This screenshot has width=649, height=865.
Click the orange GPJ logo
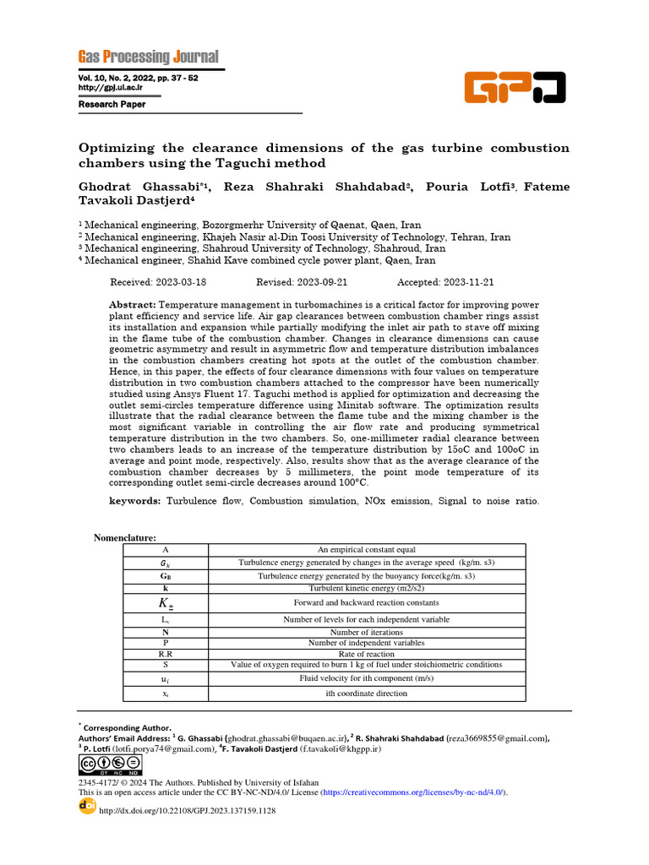click(515, 87)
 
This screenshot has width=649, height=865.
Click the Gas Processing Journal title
click(148, 57)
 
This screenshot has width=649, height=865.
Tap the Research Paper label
click(112, 105)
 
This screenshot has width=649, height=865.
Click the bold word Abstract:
click(133, 304)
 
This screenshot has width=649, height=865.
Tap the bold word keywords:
click(135, 502)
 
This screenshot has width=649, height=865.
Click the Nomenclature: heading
click(124, 538)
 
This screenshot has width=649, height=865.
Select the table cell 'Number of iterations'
click(366, 632)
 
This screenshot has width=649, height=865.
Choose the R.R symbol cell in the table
click(166, 654)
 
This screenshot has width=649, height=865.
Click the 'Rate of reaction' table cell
click(366, 654)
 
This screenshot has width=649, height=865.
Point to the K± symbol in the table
click(166, 603)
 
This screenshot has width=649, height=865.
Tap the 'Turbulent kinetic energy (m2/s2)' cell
click(366, 588)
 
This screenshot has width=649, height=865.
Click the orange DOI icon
click(87, 807)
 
